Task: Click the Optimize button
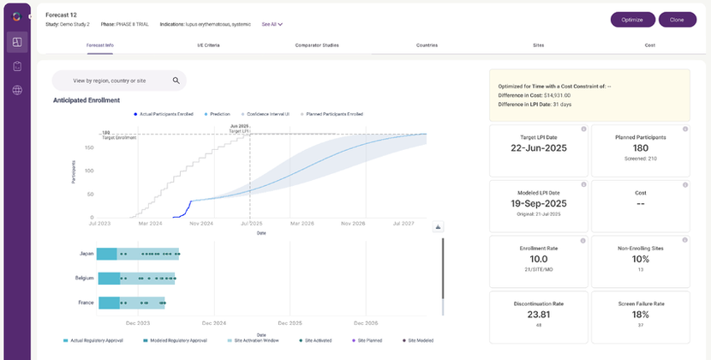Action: point(633,19)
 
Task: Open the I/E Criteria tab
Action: point(207,45)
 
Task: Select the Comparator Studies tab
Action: point(317,45)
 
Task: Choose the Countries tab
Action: point(427,45)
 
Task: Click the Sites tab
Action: point(538,45)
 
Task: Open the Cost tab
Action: point(649,45)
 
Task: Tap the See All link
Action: point(272,24)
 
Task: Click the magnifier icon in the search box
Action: point(176,81)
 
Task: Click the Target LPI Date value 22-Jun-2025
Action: point(538,147)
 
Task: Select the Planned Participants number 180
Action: point(639,147)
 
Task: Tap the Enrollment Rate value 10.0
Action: point(538,259)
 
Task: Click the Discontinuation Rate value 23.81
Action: point(538,315)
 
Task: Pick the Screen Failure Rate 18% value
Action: point(639,315)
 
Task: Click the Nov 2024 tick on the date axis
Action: point(200,224)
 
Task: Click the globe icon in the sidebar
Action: point(17,90)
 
